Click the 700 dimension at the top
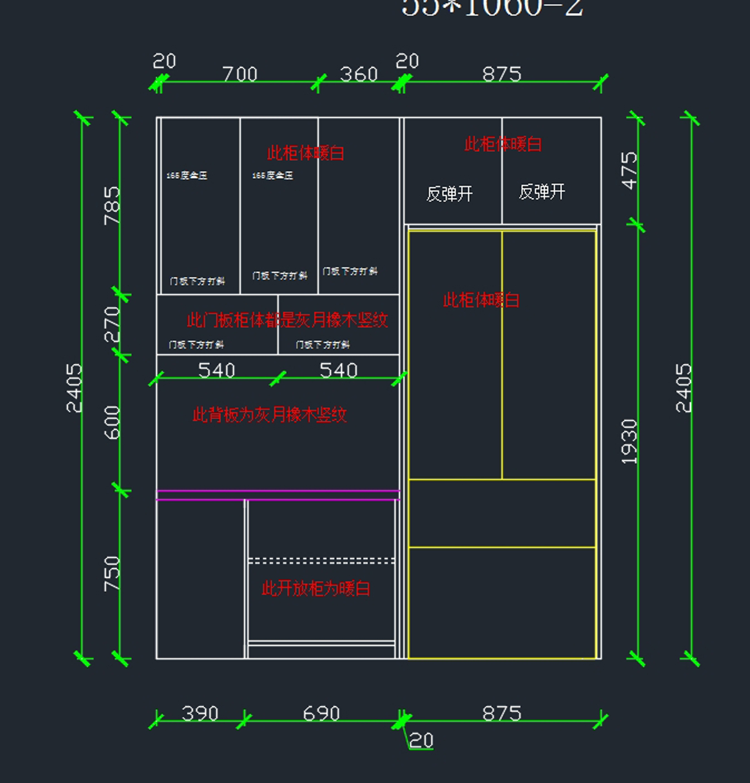tap(240, 74)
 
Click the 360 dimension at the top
tap(359, 74)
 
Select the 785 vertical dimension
tap(112, 205)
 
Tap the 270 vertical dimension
tap(112, 324)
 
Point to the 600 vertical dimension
tap(112, 422)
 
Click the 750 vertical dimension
tap(112, 574)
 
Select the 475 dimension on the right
tap(629, 170)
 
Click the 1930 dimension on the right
tap(629, 441)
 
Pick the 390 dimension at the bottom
tap(200, 713)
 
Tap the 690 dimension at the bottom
tap(321, 713)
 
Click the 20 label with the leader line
tap(421, 741)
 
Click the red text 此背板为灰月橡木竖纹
tap(269, 414)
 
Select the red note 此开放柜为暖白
tap(316, 588)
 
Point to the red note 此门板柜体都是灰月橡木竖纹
tap(287, 320)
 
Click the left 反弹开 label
tap(449, 194)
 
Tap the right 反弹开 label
tap(542, 192)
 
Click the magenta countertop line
tap(277, 495)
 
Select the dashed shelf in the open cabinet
tap(321, 561)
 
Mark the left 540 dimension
tap(216, 370)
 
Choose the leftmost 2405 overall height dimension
tap(74, 387)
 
